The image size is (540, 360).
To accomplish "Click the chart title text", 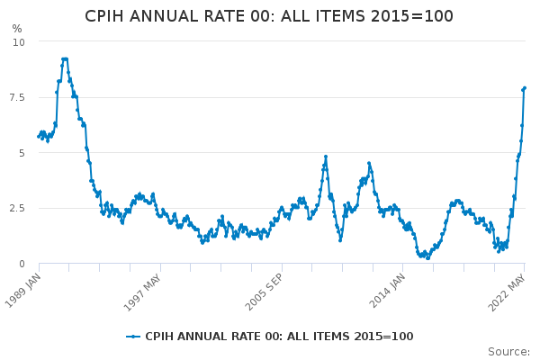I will (x=269, y=16).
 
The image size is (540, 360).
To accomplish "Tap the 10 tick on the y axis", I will (x=19, y=42).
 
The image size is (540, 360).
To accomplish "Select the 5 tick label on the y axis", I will (x=22, y=153).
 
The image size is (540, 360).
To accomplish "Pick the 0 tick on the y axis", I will (x=22, y=264).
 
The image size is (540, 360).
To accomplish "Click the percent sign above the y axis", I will (x=17, y=29).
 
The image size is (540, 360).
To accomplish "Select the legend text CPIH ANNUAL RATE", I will (x=279, y=337).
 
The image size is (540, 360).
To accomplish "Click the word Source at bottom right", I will (x=508, y=352).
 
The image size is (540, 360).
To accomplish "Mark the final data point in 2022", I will (x=525, y=88).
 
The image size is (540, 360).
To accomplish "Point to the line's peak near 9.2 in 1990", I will (x=64, y=58).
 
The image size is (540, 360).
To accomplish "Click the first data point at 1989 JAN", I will (x=39, y=137).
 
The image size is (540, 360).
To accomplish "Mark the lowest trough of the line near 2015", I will (x=427, y=258).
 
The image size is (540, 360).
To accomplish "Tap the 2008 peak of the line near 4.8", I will (x=326, y=157).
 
